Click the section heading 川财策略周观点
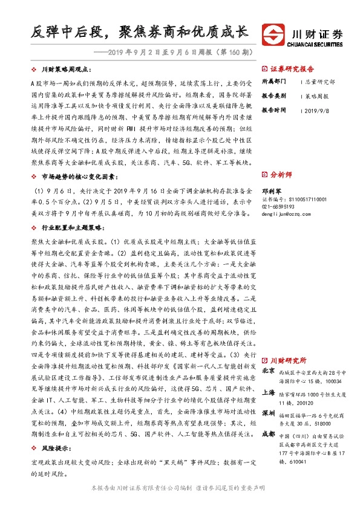tap(66, 70)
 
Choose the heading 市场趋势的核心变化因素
tap(74, 176)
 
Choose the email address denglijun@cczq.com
tap(286, 213)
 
